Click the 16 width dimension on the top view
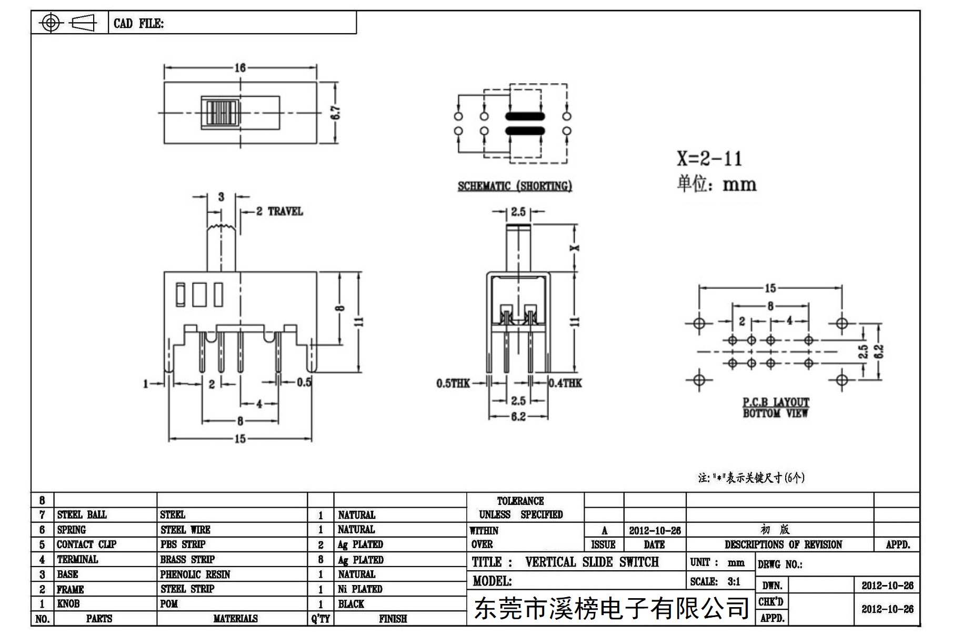[240, 68]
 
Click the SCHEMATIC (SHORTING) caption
[515, 186]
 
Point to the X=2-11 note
[709, 158]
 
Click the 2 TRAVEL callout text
[279, 211]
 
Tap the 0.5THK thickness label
[453, 384]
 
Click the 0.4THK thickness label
[565, 383]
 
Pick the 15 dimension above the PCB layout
[770, 288]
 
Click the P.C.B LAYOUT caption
[776, 402]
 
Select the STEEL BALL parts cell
[82, 515]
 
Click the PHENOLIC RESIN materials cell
[195, 574]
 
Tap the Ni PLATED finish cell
[360, 589]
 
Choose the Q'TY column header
[320, 619]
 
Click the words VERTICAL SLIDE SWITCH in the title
[591, 562]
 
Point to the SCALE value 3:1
[734, 582]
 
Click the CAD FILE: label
[138, 24]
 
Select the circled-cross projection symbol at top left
[51, 23]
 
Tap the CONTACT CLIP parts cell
[86, 545]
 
